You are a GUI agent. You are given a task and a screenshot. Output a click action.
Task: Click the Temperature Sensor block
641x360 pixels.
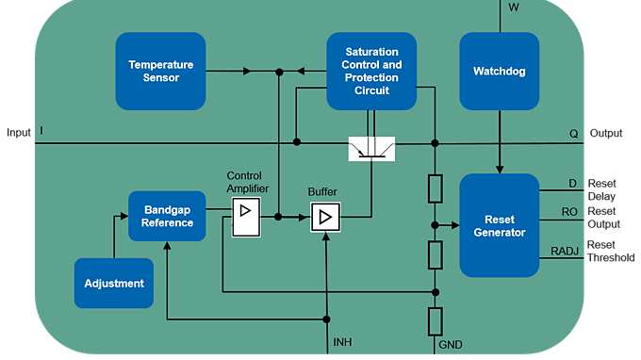[x=160, y=71]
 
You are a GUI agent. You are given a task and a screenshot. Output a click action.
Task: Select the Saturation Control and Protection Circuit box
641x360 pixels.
[x=371, y=71]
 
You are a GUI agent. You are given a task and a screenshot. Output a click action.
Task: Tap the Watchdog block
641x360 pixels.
[x=499, y=71]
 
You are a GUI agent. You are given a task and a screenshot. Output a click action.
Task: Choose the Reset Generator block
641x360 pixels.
[x=499, y=225]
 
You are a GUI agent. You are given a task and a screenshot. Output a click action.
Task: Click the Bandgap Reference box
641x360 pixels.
[x=169, y=216]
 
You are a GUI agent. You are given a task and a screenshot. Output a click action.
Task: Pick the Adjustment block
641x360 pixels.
[x=113, y=283]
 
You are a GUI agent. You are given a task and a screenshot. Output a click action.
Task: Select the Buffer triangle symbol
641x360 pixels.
[x=324, y=218]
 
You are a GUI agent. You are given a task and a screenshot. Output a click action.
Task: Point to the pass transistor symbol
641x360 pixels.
[x=371, y=149]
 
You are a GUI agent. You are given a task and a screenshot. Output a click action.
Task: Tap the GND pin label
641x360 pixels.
[x=451, y=345]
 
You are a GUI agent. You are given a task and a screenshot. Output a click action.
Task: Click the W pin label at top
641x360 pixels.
[x=513, y=8]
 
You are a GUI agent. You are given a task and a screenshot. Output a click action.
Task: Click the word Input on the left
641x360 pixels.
[x=18, y=132]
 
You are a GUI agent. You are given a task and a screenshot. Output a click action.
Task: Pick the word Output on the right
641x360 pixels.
[x=606, y=133]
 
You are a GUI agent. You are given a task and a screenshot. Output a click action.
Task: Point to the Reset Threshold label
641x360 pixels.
[x=611, y=251]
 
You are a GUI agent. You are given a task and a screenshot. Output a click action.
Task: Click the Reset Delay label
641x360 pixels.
[x=601, y=189]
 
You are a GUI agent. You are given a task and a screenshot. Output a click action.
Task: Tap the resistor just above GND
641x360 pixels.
[x=435, y=320]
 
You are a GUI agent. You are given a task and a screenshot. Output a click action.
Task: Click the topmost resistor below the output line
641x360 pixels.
[x=435, y=188]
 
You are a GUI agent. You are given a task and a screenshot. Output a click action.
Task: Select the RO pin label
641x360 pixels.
[x=569, y=212]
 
